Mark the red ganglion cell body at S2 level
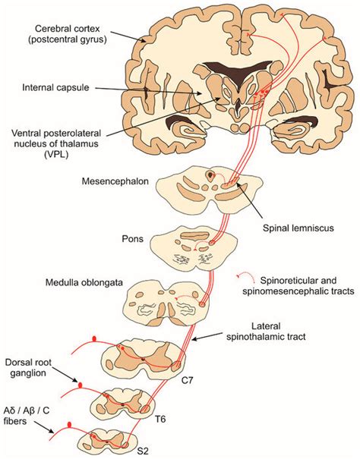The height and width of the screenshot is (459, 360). click(70, 425)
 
